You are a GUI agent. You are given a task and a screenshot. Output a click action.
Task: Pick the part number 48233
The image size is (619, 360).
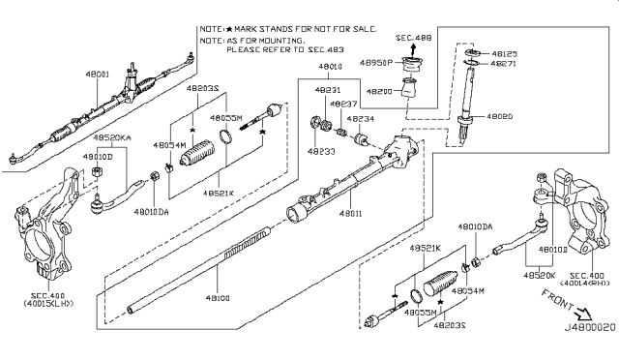click(318, 151)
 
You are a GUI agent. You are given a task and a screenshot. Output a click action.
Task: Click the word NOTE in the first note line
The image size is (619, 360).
click(211, 30)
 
